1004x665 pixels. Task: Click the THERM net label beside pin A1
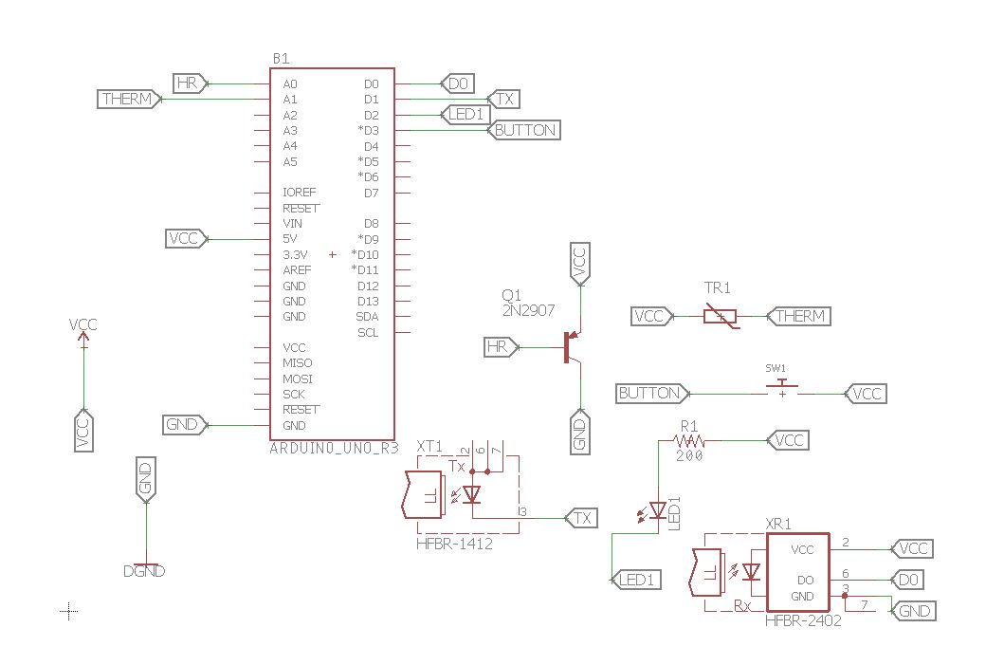pyautogui.click(x=129, y=100)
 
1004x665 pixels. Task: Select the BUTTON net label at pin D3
pyautogui.click(x=524, y=130)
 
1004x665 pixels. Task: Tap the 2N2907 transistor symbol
pyautogui.click(x=572, y=347)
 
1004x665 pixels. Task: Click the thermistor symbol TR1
pyautogui.click(x=721, y=316)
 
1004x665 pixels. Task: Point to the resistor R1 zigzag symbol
pyautogui.click(x=689, y=441)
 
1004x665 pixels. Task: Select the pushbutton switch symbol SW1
pyautogui.click(x=782, y=388)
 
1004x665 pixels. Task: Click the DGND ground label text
pyautogui.click(x=144, y=571)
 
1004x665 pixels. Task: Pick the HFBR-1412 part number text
pyautogui.click(x=455, y=544)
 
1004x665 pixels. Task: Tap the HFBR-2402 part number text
pyautogui.click(x=803, y=620)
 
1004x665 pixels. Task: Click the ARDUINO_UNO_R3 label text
pyautogui.click(x=335, y=449)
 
